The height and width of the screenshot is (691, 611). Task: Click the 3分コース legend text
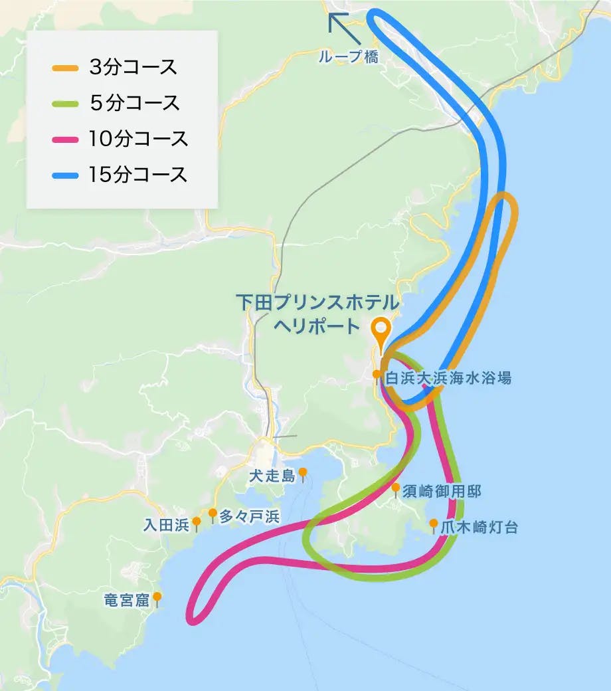click(x=133, y=67)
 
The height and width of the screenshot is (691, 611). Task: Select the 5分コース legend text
click(x=133, y=103)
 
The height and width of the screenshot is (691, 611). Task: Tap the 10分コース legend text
click(x=138, y=139)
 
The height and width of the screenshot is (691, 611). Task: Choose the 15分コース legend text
click(x=138, y=175)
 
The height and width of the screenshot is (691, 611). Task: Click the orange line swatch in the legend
click(x=66, y=68)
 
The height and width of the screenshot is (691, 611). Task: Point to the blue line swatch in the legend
click(x=66, y=175)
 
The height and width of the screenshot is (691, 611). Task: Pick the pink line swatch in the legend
click(x=66, y=140)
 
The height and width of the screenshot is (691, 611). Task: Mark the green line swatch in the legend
click(x=66, y=104)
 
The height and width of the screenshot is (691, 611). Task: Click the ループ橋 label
click(x=348, y=57)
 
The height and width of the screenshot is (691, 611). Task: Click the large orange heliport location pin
click(x=381, y=330)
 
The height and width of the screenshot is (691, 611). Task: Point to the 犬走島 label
click(x=271, y=476)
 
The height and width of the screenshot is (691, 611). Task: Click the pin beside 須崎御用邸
click(x=396, y=490)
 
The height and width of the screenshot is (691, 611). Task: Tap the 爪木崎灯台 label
click(x=479, y=528)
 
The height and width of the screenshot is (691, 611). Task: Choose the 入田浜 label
click(x=166, y=524)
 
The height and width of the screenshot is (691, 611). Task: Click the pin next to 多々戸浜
click(x=213, y=514)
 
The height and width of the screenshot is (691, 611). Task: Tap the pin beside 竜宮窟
click(x=157, y=598)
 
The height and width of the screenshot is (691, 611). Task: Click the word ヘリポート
click(x=316, y=327)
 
